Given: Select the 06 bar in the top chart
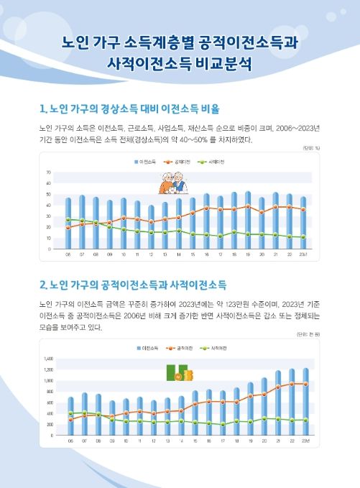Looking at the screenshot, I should pyautogui.click(x=69, y=223).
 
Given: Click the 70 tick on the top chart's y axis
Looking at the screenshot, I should pyautogui.click(x=47, y=173).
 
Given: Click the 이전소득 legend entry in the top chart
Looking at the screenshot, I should pyautogui.click(x=147, y=163).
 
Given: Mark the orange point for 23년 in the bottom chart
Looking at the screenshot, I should pyautogui.click(x=305, y=384).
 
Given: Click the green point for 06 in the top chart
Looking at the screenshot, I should pyautogui.click(x=69, y=220).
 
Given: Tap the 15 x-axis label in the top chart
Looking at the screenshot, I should pyautogui.click(x=193, y=255).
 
